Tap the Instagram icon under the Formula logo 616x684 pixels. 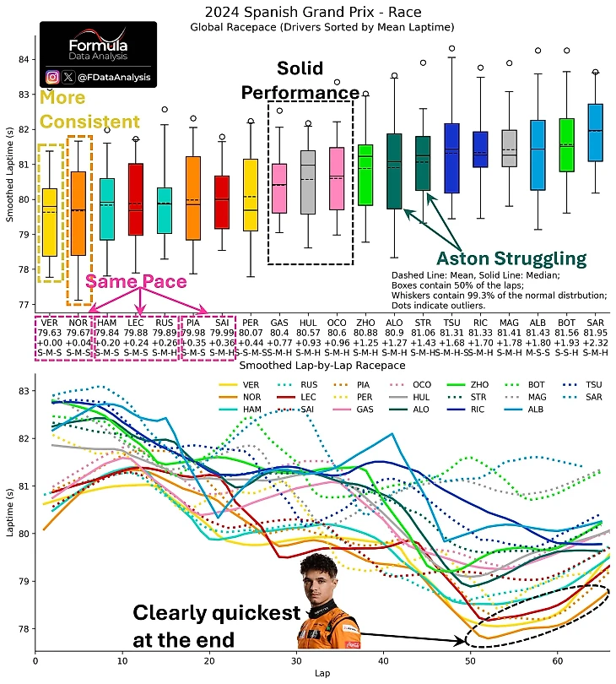coord(52,77)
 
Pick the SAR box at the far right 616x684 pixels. coord(595,133)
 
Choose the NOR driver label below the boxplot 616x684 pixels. coord(78,323)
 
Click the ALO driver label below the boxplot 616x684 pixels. coord(393,323)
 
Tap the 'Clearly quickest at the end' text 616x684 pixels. coord(215,625)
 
